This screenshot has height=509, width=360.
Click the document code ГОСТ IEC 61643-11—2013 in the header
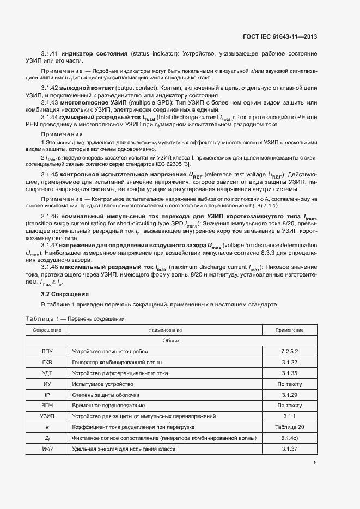point(279,37)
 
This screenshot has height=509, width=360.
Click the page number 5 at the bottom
point(315,463)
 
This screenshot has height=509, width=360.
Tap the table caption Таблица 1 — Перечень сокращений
point(76,318)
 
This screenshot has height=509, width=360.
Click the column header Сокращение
point(47,330)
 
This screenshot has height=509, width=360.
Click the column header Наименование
point(164,330)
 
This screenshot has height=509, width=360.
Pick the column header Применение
point(289,330)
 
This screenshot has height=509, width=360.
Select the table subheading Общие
point(171,341)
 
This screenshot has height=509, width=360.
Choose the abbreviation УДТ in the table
point(47,373)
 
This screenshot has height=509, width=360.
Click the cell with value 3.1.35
point(289,373)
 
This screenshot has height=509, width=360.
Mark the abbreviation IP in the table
point(47,395)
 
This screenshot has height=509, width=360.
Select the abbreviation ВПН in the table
point(47,406)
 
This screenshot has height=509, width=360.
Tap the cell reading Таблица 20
point(289,427)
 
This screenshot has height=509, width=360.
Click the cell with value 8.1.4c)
point(289,438)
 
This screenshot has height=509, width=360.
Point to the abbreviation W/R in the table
point(47,449)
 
